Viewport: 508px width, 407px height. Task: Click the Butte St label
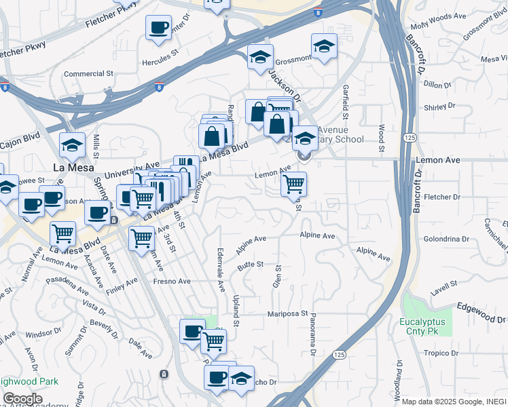[x=250, y=266]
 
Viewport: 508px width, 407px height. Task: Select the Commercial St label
[x=88, y=73]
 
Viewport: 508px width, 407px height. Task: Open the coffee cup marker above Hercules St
[x=158, y=28]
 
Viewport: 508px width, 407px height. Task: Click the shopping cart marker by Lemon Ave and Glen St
[x=293, y=184]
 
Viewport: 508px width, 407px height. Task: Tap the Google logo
[x=22, y=399]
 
